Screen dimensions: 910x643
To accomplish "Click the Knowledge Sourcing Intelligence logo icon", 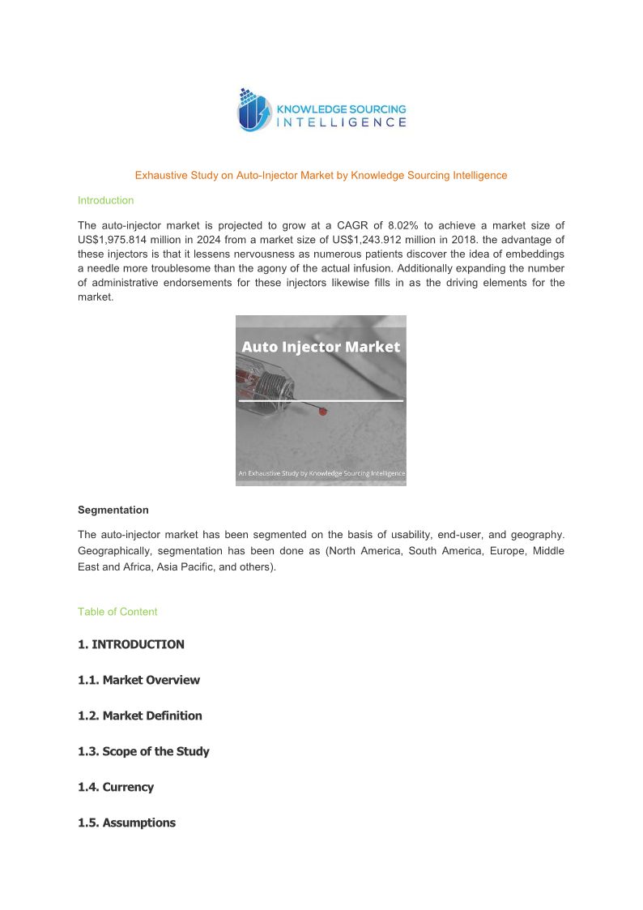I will pos(253,110).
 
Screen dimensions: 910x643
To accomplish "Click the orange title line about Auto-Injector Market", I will pos(321,175).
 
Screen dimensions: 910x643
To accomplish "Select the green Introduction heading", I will pos(105,200).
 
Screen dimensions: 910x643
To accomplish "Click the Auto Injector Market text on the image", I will pos(321,347).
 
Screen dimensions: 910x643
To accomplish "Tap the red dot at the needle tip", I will pos(321,411).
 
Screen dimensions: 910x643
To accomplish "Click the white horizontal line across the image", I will pos(321,400).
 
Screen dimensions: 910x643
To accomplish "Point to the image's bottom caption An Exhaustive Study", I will pos(321,473).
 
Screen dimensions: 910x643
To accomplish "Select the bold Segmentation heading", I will pos(113,510).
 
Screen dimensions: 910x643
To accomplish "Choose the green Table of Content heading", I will pos(117,612).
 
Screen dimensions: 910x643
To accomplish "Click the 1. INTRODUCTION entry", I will pos(131,644).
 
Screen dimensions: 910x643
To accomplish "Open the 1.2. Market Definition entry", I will pos(140,716).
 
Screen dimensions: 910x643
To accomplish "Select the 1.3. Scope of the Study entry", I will pos(143,751).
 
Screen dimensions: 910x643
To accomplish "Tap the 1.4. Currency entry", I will pos(116,787).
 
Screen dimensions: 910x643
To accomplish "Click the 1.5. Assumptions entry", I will pos(126,822).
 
